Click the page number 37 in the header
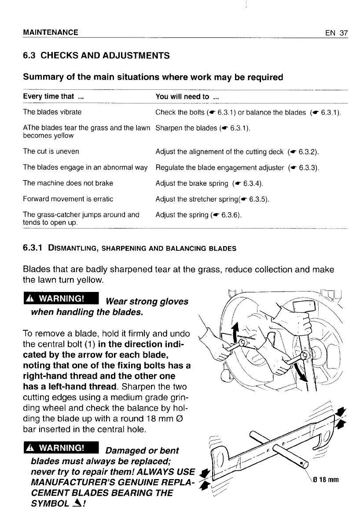[x=343, y=33]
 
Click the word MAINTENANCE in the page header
[x=51, y=33]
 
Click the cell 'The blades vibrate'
[x=52, y=112]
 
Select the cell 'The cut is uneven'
[x=51, y=152]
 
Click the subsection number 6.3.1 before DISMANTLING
[x=33, y=248]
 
